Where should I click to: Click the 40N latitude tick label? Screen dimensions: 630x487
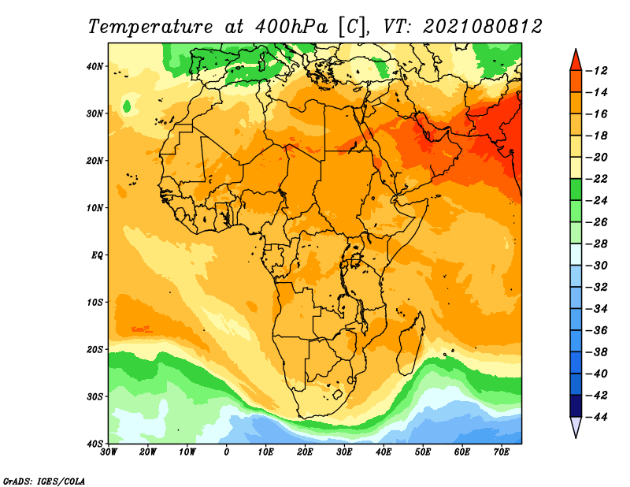click(x=94, y=66)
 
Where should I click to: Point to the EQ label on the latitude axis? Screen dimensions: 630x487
click(x=97, y=255)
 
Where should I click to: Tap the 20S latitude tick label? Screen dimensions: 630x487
click(x=94, y=349)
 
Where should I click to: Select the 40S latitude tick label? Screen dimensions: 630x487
click(x=94, y=444)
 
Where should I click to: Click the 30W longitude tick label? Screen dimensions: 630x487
click(x=109, y=452)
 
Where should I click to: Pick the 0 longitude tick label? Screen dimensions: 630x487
click(x=227, y=452)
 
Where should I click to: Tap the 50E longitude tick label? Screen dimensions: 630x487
click(x=423, y=452)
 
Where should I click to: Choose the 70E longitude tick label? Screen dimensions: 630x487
click(x=501, y=452)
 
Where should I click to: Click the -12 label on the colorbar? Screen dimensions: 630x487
click(x=597, y=71)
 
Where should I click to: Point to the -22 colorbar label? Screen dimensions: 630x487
click(x=597, y=179)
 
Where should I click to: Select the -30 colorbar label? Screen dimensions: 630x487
click(x=597, y=266)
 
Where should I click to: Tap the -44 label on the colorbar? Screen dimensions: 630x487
click(x=597, y=417)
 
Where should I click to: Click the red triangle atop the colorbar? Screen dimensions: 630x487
click(x=576, y=61)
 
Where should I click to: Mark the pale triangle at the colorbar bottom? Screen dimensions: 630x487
click(x=576, y=426)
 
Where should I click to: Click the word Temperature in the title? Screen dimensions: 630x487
click(x=150, y=28)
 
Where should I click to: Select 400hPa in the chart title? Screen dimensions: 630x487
click(x=291, y=27)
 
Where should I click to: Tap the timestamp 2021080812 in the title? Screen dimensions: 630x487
click(x=483, y=27)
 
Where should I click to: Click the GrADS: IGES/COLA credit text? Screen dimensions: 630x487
click(x=44, y=481)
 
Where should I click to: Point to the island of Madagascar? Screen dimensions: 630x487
click(x=411, y=343)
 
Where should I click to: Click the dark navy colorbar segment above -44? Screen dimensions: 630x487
click(x=576, y=406)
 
